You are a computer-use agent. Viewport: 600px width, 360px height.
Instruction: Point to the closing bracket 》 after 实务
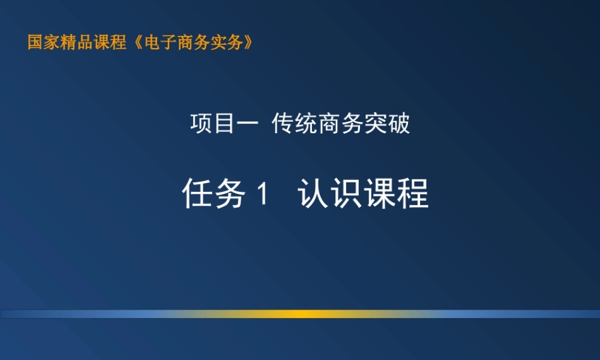point(244,43)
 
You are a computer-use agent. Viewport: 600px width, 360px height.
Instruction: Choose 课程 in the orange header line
point(110,43)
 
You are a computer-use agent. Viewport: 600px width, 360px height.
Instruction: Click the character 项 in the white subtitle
point(200,124)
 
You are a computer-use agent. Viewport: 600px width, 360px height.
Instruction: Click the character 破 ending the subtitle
point(399,124)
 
